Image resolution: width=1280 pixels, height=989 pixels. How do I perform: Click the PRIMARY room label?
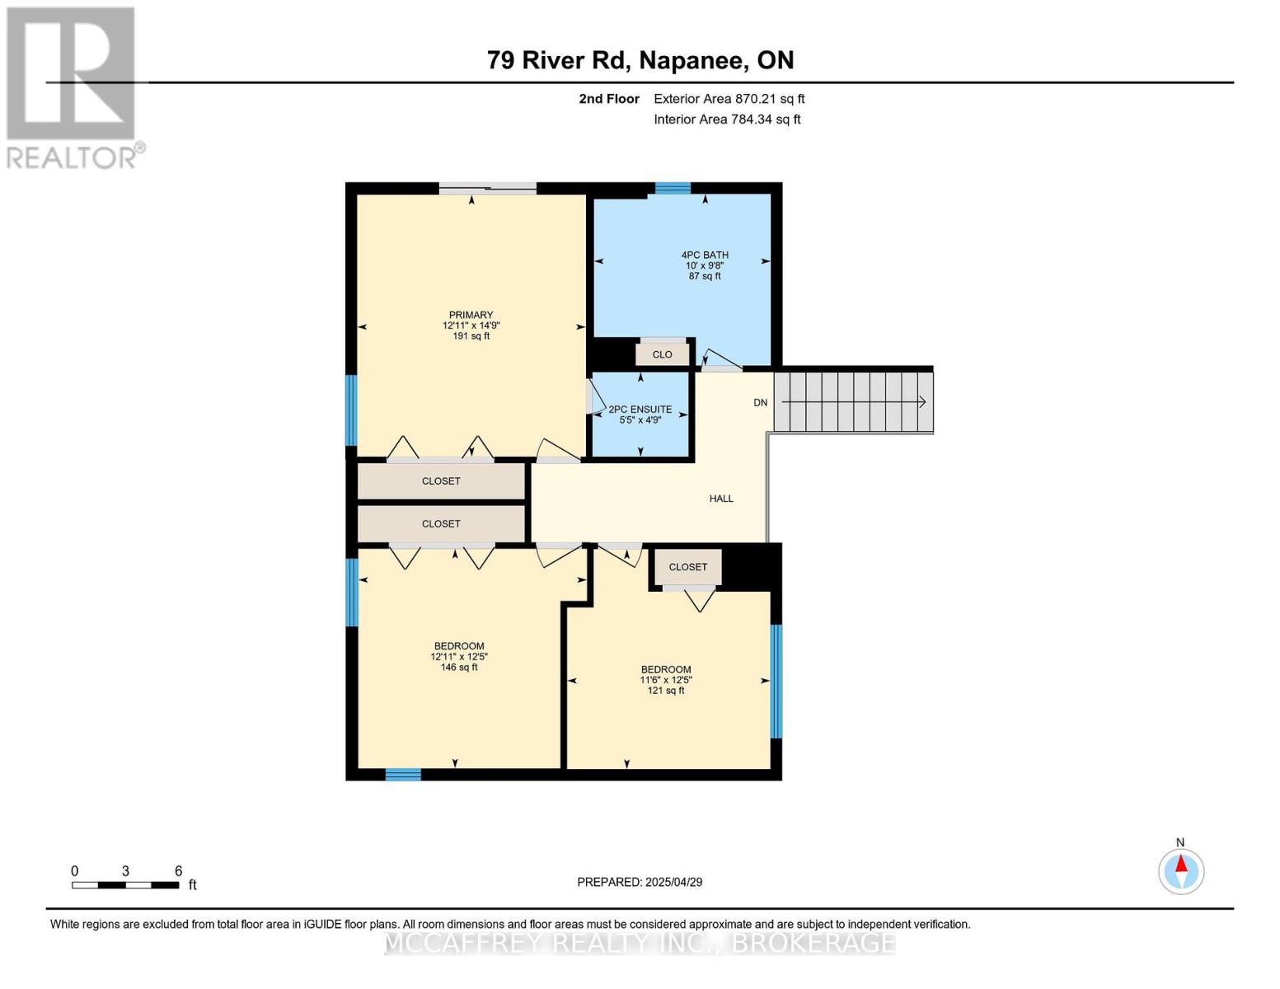[471, 315]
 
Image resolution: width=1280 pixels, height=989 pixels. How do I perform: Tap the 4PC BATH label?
[705, 255]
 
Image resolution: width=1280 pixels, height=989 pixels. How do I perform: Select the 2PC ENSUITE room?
[640, 414]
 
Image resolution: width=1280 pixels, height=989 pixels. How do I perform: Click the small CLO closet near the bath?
[662, 354]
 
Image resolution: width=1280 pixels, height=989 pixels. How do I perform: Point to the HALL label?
[721, 499]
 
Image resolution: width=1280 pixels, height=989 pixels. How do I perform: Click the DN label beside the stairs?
[760, 402]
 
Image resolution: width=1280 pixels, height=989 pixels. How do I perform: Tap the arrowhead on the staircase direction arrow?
[922, 402]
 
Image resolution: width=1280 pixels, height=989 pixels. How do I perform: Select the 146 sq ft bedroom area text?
[459, 668]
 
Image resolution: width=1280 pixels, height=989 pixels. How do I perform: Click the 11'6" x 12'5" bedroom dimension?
[666, 680]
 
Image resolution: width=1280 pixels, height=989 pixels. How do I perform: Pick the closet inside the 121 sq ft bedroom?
[687, 567]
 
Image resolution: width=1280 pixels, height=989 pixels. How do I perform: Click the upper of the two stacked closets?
[441, 481]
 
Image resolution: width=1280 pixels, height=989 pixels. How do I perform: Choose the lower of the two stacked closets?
[441, 524]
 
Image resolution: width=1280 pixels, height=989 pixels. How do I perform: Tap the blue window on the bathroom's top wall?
[673, 188]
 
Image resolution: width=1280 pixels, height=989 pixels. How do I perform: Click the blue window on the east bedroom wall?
[776, 681]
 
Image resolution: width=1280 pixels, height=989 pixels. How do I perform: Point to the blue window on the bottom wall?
[403, 775]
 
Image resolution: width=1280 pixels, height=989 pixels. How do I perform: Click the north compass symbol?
[1181, 870]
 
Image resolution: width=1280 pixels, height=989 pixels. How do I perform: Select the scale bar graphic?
[125, 885]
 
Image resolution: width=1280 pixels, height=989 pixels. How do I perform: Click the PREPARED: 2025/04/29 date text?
[640, 882]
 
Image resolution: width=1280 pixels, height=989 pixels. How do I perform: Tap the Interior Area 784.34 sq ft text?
[727, 120]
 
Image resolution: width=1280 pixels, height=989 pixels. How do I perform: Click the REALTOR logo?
[73, 87]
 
